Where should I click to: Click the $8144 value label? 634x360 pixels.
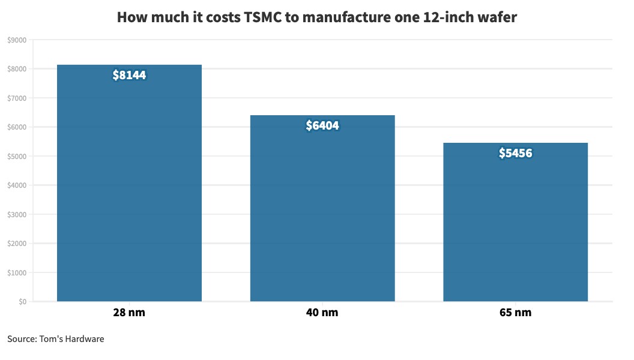click(x=129, y=76)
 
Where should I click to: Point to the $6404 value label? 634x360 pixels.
click(x=322, y=126)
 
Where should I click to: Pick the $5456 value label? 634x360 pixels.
click(x=515, y=154)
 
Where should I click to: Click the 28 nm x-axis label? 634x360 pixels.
click(x=129, y=313)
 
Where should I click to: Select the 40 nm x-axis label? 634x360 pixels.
click(x=322, y=313)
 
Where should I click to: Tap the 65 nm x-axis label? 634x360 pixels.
click(x=515, y=313)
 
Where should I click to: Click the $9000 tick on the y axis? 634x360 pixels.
click(x=17, y=40)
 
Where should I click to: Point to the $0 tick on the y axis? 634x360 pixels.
click(x=22, y=302)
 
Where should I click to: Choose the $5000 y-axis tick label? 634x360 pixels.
click(x=17, y=157)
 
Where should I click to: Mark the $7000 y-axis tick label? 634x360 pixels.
click(x=17, y=98)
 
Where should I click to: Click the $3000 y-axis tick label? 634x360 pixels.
click(x=17, y=215)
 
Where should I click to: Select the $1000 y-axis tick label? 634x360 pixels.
click(x=17, y=273)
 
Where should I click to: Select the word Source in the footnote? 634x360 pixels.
click(x=22, y=339)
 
